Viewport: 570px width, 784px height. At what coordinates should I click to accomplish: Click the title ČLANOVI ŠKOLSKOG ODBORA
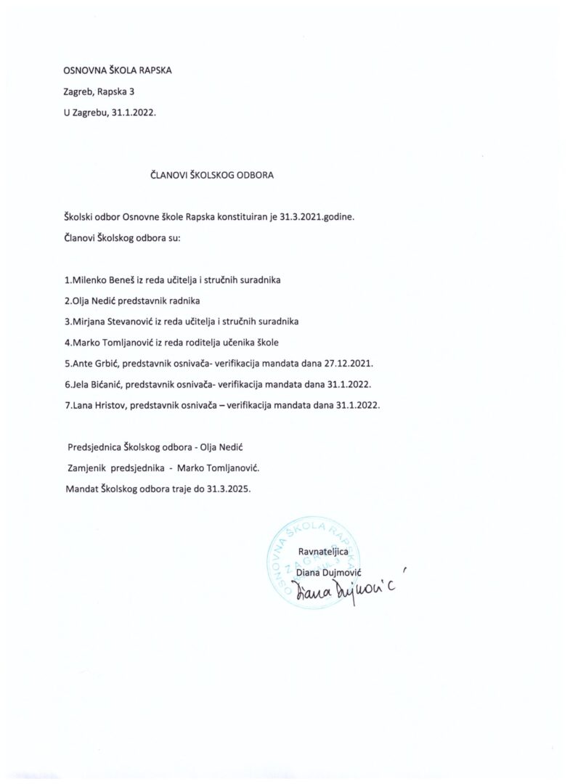pyautogui.click(x=208, y=175)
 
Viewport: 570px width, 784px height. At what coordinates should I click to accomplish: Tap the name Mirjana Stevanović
pyautogui.click(x=109, y=321)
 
